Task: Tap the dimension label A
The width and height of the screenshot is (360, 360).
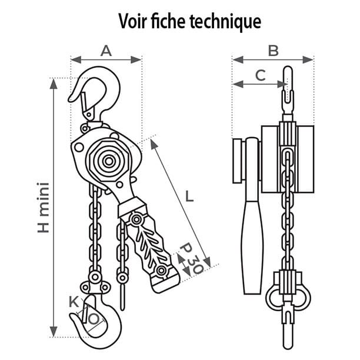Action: pyautogui.click(x=106, y=51)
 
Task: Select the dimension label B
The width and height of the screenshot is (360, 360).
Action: pyautogui.click(x=273, y=51)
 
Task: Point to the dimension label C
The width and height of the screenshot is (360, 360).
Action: pyautogui.click(x=261, y=75)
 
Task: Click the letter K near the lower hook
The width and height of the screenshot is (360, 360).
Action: pyautogui.click(x=74, y=302)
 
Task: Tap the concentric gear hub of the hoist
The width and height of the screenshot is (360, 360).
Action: pyautogui.click(x=108, y=160)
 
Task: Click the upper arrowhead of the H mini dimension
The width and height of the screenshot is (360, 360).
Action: pyautogui.click(x=54, y=82)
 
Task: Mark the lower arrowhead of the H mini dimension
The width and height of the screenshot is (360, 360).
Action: pyautogui.click(x=54, y=332)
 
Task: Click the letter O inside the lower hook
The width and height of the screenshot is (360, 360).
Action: pyautogui.click(x=93, y=318)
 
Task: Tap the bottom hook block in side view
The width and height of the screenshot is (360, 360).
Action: pyautogui.click(x=288, y=294)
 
